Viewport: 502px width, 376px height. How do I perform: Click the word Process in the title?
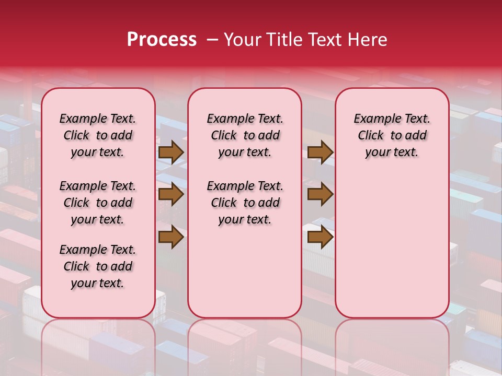click(162, 40)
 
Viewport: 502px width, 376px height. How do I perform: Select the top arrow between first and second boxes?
click(171, 152)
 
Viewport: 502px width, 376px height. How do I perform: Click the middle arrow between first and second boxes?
click(171, 195)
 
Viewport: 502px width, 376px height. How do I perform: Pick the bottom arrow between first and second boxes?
click(171, 238)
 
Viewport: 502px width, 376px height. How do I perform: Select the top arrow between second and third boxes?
click(320, 152)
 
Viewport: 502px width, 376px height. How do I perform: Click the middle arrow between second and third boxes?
click(320, 195)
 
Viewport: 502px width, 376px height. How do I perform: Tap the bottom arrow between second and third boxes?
click(320, 238)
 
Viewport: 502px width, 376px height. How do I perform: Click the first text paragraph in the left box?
click(98, 135)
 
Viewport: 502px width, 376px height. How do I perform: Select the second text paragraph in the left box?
click(98, 203)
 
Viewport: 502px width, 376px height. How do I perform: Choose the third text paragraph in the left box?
click(98, 266)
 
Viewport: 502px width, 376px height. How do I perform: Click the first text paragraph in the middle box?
click(245, 135)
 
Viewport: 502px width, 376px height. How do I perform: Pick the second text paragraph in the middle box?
click(245, 203)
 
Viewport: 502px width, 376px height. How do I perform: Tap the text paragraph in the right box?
click(392, 135)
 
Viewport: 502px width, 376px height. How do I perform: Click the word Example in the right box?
click(374, 119)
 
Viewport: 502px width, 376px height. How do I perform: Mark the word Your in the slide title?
click(240, 40)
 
